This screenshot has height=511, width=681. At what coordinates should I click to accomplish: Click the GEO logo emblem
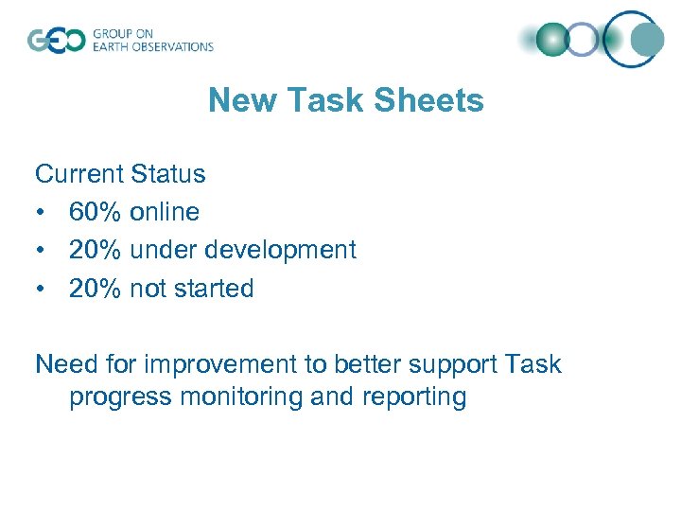pyautogui.click(x=56, y=40)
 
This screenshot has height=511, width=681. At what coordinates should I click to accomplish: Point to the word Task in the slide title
pyautogui.click(x=335, y=100)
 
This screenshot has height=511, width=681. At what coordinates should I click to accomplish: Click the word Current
pyautogui.click(x=79, y=174)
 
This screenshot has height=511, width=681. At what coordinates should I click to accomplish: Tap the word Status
pyautogui.click(x=168, y=174)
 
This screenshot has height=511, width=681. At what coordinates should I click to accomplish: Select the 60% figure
pyautogui.click(x=95, y=212)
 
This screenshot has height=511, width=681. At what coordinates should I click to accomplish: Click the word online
pyautogui.click(x=165, y=212)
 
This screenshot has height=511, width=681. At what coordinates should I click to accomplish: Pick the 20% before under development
pyautogui.click(x=95, y=250)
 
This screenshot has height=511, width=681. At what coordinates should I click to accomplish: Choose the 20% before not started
pyautogui.click(x=95, y=289)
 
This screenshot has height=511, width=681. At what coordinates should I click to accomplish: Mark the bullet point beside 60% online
pyautogui.click(x=41, y=213)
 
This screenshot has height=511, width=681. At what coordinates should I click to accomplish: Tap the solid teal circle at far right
pyautogui.click(x=647, y=40)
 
